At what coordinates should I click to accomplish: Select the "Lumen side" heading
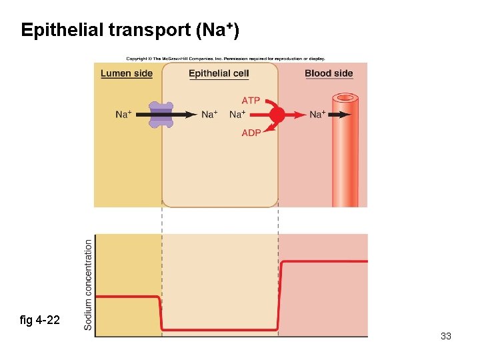coord(127,73)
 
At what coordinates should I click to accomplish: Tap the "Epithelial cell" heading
coord(219,73)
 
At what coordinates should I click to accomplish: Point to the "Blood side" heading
coord(329,73)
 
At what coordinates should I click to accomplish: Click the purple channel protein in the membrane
coord(161,115)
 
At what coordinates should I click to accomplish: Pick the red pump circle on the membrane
coord(277,115)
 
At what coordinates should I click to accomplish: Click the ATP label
coord(251,101)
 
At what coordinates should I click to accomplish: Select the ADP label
coord(251,133)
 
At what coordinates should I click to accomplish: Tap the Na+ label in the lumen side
coord(123,115)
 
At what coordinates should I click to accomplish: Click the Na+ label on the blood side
coord(318,115)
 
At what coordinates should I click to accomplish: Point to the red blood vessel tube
coord(345,153)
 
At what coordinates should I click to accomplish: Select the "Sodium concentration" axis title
coord(89,285)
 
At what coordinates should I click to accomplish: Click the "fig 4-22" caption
coord(40,321)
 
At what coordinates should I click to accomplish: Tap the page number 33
coord(446,336)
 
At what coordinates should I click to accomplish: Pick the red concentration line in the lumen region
coord(127,296)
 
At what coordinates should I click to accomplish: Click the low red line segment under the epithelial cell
coord(220,329)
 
